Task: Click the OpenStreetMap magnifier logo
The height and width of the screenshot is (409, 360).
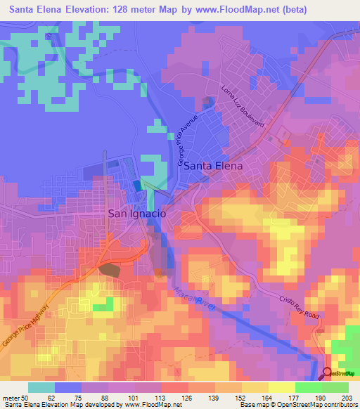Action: pyautogui.click(x=328, y=373)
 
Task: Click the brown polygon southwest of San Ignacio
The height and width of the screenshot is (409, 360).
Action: pyautogui.click(x=109, y=269)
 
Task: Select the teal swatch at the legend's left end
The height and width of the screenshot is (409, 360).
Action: pyautogui.click(x=41, y=387)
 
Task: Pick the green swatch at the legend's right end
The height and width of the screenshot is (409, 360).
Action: pyautogui.click(x=335, y=387)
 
